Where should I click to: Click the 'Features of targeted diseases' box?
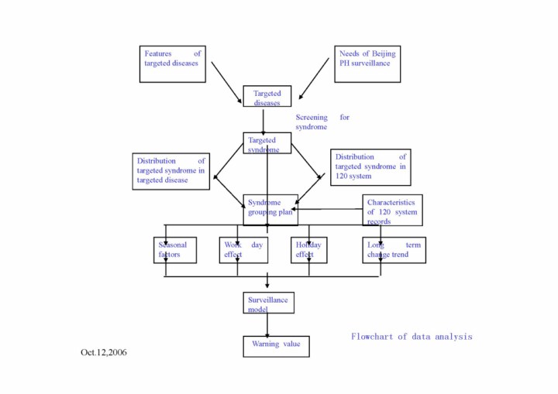tap(173, 63)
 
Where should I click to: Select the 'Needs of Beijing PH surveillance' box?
tap(367, 63)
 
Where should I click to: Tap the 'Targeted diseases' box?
tap(267, 97)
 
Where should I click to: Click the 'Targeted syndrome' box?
tap(267, 143)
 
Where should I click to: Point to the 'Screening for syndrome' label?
tap(322, 122)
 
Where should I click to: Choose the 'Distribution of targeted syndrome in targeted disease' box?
tap(171, 170)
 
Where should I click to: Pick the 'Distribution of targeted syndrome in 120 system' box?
tap(370, 166)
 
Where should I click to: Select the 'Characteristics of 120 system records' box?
tap(394, 211)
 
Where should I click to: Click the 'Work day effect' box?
tap(243, 250)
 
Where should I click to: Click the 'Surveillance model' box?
tap(268, 303)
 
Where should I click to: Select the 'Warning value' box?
tap(276, 345)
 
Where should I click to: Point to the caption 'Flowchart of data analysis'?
tap(411, 337)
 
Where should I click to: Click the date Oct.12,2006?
tap(104, 353)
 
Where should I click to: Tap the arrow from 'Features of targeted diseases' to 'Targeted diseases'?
tap(227, 82)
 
